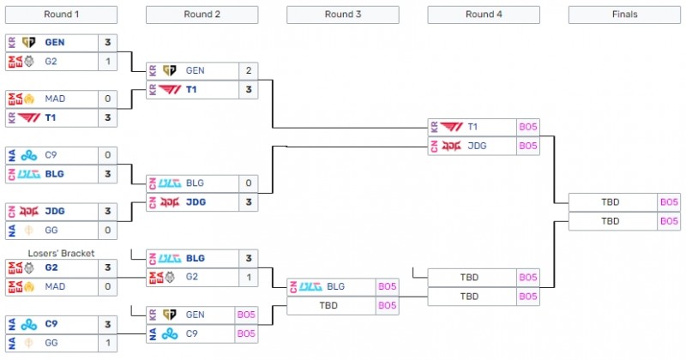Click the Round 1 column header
61,14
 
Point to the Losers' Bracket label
62,253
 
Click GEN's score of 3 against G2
108,43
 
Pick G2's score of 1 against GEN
108,61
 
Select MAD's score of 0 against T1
108,99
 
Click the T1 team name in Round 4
473,127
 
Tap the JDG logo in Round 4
450,145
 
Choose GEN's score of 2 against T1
249,71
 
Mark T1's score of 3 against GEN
249,89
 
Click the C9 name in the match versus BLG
52,155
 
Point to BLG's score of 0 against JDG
249,183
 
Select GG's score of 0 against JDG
108,230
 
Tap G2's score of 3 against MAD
108,267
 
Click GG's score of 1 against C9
108,342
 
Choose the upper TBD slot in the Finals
611,202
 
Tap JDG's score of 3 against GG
108,211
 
